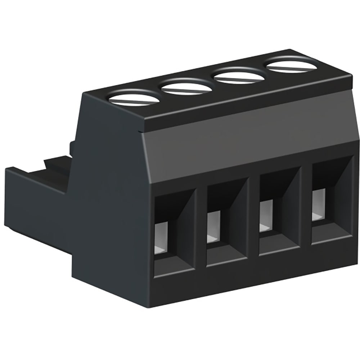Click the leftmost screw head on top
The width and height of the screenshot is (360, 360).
pyautogui.click(x=134, y=98)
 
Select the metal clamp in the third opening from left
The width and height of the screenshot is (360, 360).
pyautogui.click(x=265, y=216)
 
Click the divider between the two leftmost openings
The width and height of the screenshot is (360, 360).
pyautogui.click(x=201, y=230)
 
